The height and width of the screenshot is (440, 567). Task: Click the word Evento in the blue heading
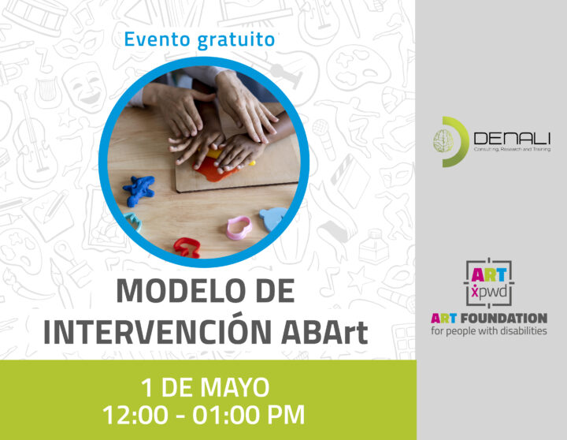[x=157, y=39]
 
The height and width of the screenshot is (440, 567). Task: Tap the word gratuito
[x=236, y=40]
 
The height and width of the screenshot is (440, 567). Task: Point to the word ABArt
[x=324, y=332]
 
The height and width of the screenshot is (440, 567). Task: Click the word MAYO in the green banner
[x=235, y=387]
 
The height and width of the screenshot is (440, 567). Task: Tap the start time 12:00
[x=135, y=415]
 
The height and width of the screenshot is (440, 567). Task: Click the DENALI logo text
[x=512, y=139]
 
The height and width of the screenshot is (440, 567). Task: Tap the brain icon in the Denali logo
[x=443, y=141]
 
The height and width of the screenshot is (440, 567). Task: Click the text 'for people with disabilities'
[x=488, y=331]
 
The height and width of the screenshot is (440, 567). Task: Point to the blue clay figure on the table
[x=139, y=190]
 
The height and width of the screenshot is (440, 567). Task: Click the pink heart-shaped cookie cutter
[x=239, y=227]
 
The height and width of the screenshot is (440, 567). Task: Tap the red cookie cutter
[x=187, y=247]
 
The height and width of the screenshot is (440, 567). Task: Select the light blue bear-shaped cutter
[x=273, y=218]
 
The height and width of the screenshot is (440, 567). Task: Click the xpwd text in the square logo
[x=489, y=292]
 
